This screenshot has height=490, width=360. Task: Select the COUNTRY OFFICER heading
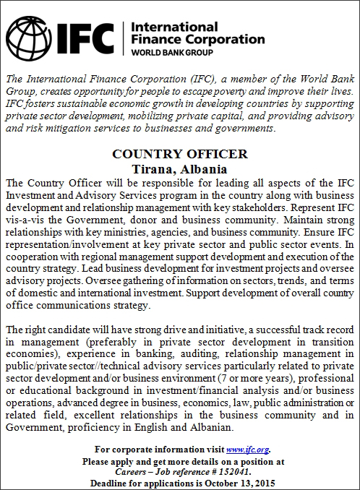point(180,154)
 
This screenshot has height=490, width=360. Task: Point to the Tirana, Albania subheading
point(180,168)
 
